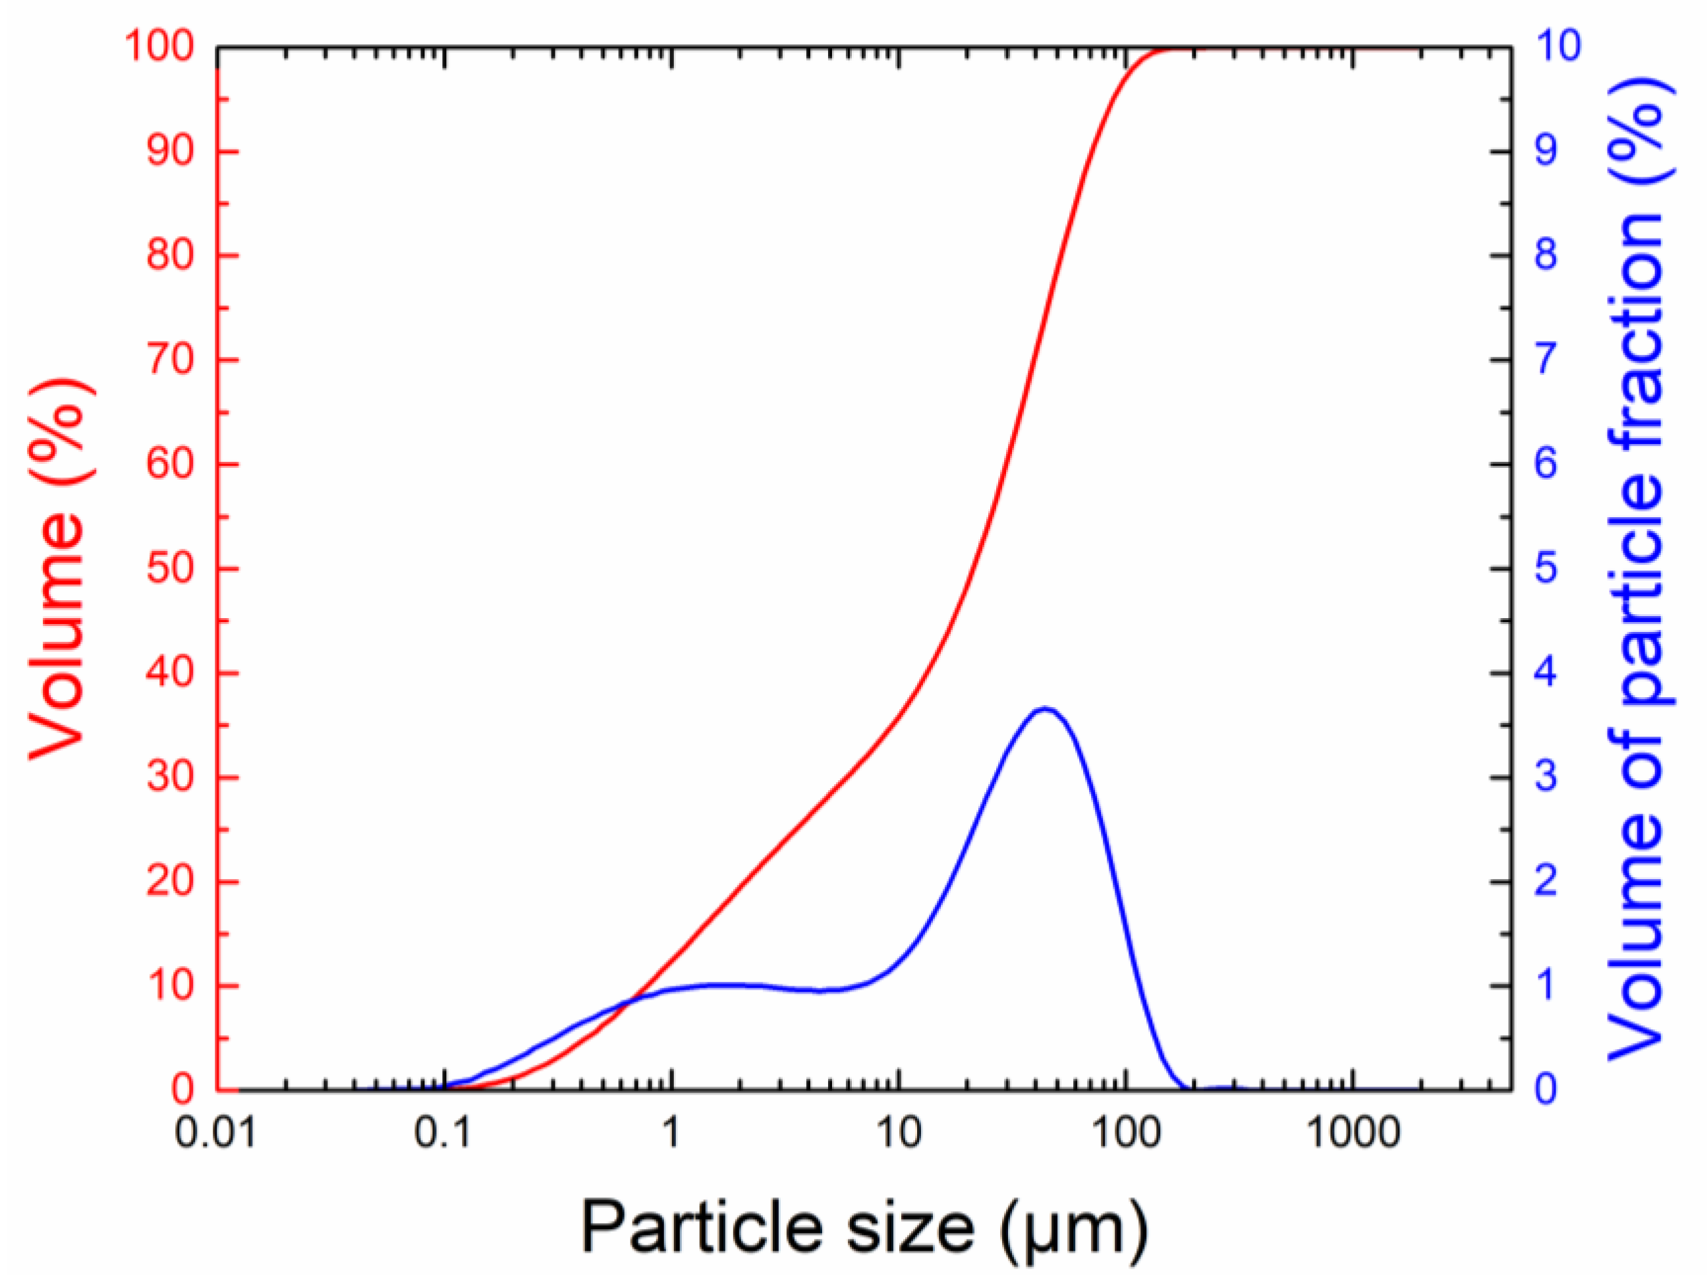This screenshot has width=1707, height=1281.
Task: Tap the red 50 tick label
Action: click(x=170, y=569)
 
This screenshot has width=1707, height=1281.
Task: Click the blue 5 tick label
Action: click(x=1546, y=569)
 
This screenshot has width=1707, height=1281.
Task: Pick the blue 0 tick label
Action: click(x=1546, y=1090)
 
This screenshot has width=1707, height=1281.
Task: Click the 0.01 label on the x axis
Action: click(x=215, y=1133)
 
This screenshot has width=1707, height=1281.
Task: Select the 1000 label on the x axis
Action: click(x=1353, y=1133)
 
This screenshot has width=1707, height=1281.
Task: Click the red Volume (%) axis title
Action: click(x=58, y=569)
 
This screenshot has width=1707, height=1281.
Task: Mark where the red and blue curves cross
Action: click(x=629, y=1002)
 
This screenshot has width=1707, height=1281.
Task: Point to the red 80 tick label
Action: click(x=170, y=256)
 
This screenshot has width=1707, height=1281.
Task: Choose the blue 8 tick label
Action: click(x=1546, y=256)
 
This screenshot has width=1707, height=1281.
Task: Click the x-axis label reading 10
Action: click(x=899, y=1133)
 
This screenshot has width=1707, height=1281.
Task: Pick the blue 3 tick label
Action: click(x=1546, y=777)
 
